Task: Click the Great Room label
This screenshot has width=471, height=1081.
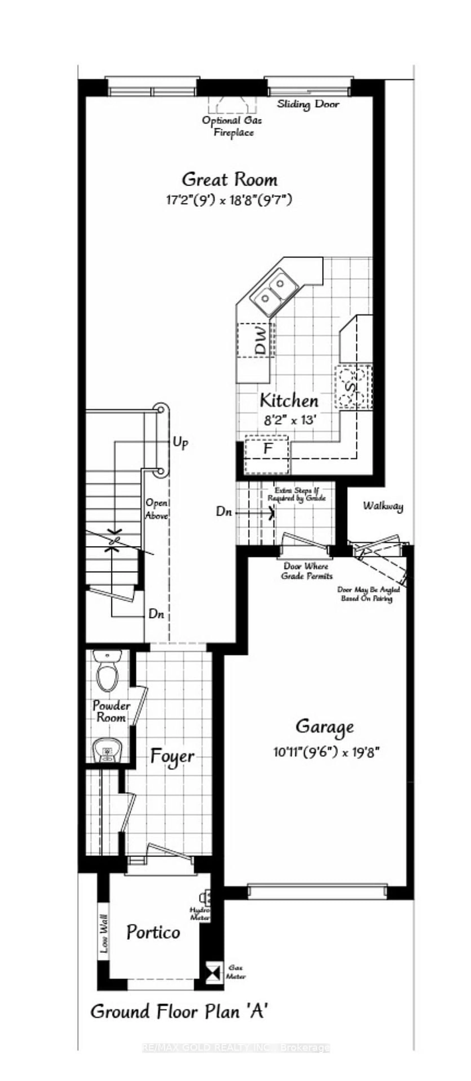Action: tap(229, 180)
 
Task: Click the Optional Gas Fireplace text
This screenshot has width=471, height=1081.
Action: tap(232, 126)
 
